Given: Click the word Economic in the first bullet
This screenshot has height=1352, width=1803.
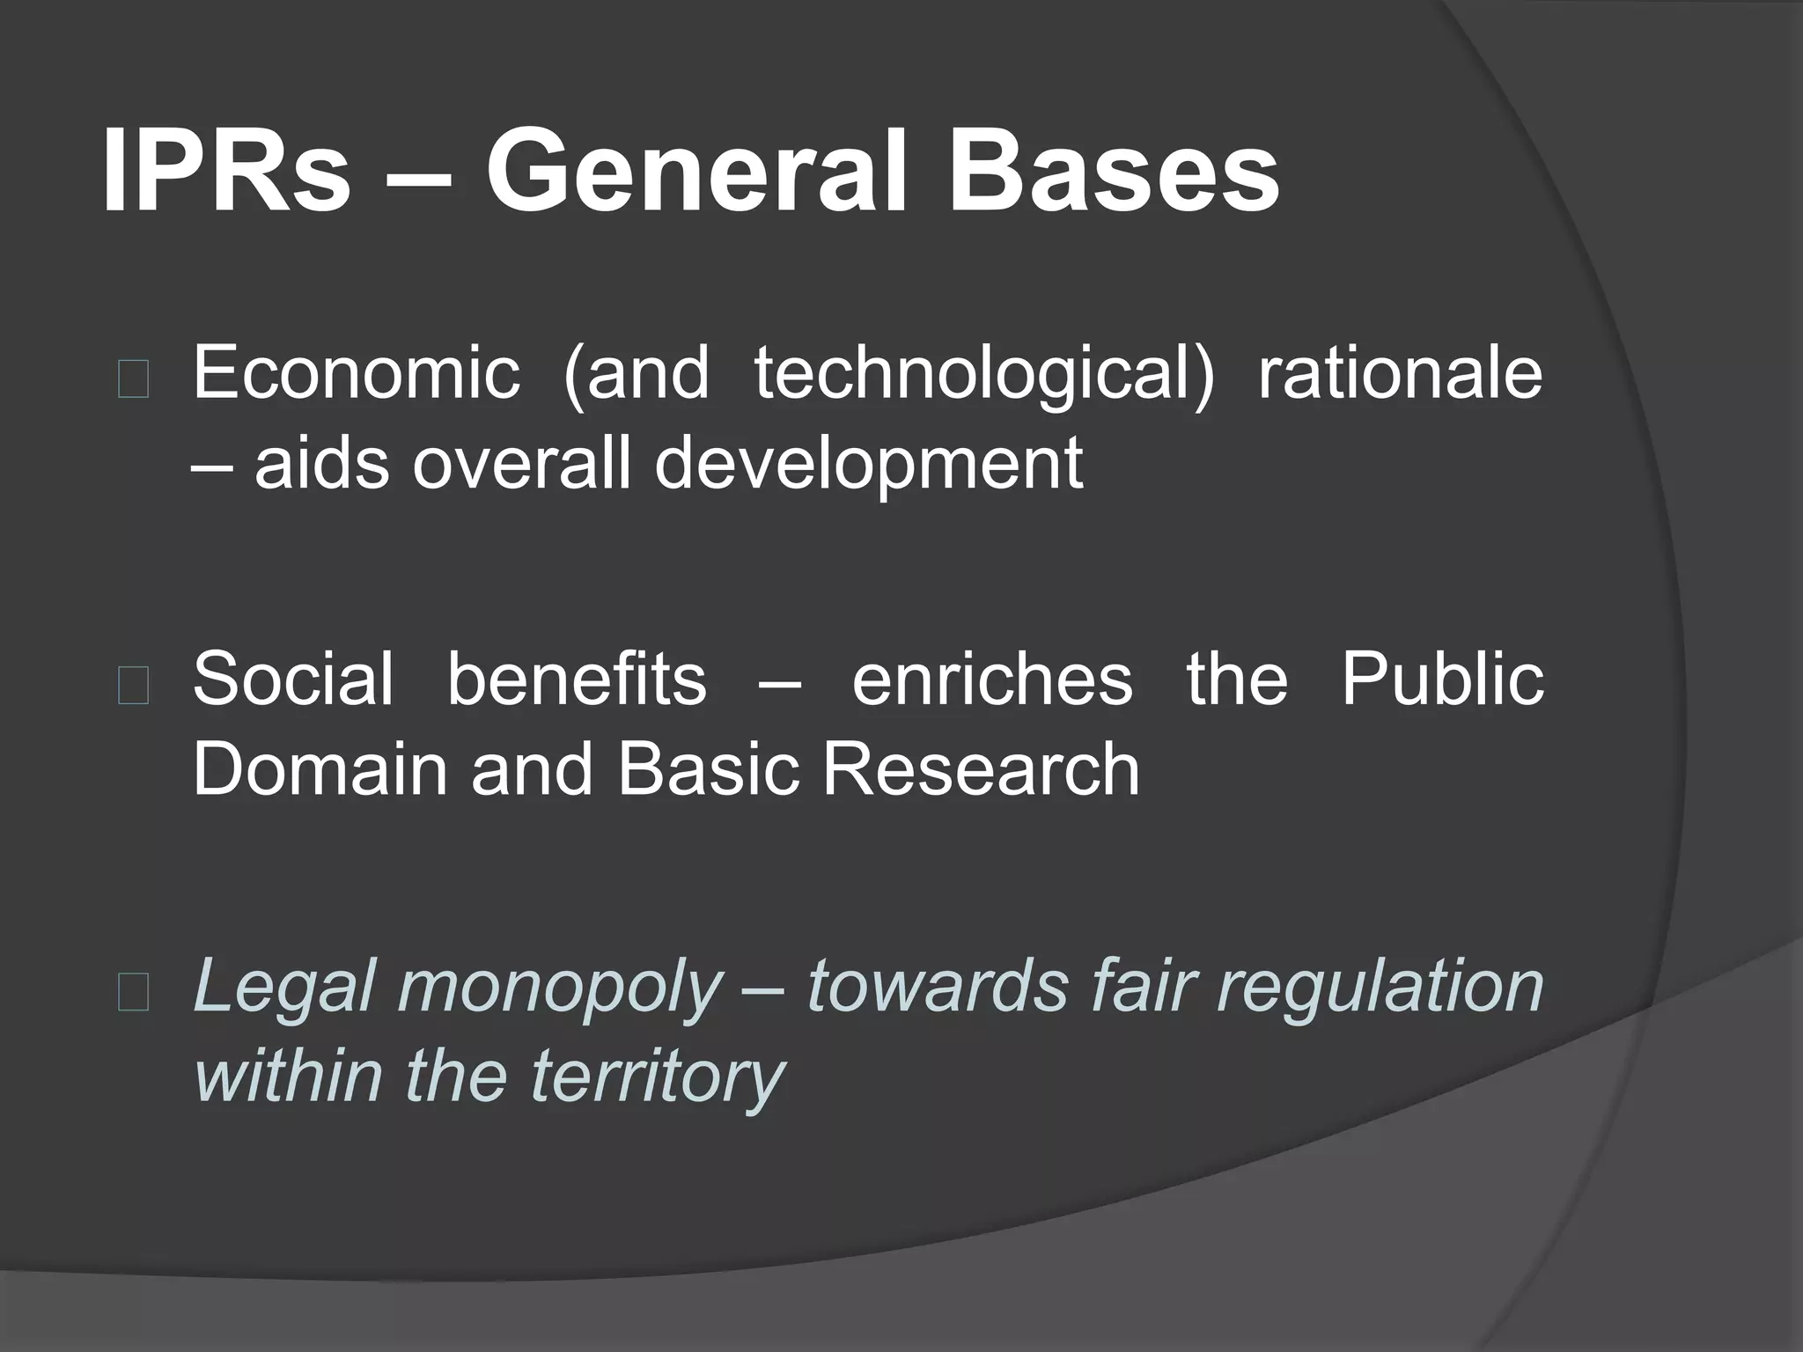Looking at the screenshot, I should tap(356, 373).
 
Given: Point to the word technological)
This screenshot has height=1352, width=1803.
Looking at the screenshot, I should tap(983, 375).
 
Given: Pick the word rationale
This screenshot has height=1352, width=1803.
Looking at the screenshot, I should tap(1400, 373).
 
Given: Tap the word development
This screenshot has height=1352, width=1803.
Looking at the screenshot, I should tap(868, 465).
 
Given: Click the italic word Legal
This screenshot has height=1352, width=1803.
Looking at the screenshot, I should tap(285, 986).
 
